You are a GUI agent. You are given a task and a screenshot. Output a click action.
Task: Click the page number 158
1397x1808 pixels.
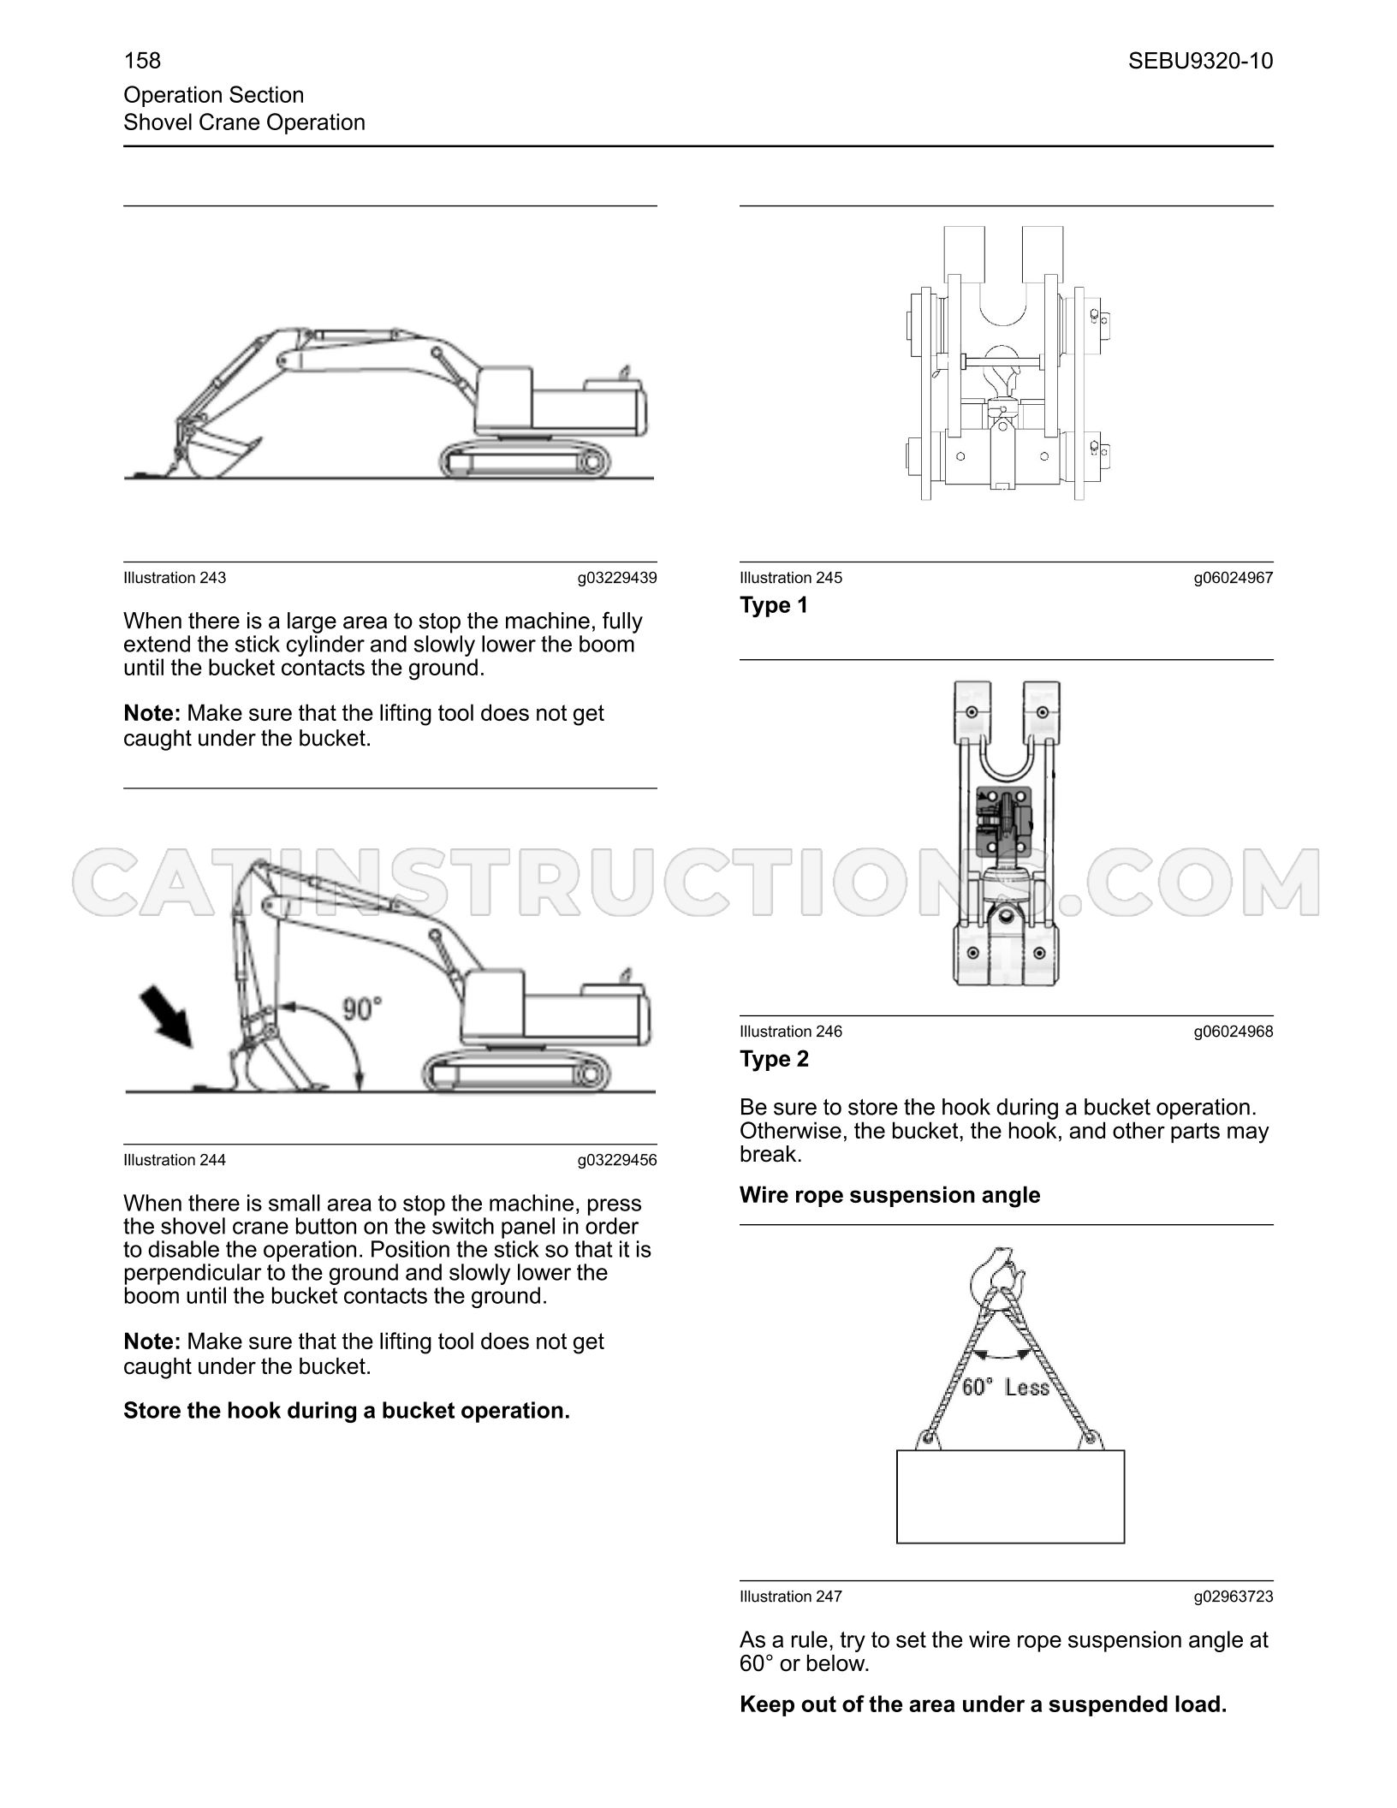tap(142, 61)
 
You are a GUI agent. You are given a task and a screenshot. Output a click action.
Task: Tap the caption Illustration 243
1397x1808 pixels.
tap(175, 578)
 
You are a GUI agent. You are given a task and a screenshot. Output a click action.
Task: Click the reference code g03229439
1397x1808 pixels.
tap(617, 578)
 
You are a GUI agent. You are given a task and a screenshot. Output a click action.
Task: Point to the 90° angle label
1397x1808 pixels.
tap(362, 1009)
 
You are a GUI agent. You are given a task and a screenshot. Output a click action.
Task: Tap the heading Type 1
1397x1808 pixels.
tap(774, 605)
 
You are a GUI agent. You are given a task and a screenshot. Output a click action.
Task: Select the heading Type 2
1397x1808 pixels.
tap(774, 1059)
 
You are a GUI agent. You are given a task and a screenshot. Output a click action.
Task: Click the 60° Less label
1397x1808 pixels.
tap(1005, 1387)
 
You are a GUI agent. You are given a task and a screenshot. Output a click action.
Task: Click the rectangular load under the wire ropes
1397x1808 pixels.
tap(1010, 1496)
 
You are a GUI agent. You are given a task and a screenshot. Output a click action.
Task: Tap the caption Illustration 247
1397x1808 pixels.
tap(791, 1597)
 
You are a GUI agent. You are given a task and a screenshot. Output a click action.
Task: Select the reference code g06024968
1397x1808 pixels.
tap(1234, 1032)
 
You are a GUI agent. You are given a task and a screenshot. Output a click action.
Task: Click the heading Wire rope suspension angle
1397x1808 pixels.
tap(890, 1195)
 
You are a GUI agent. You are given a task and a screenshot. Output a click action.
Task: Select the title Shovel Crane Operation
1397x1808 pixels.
tap(245, 122)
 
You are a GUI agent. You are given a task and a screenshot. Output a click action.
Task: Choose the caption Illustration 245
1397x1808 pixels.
tap(791, 578)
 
